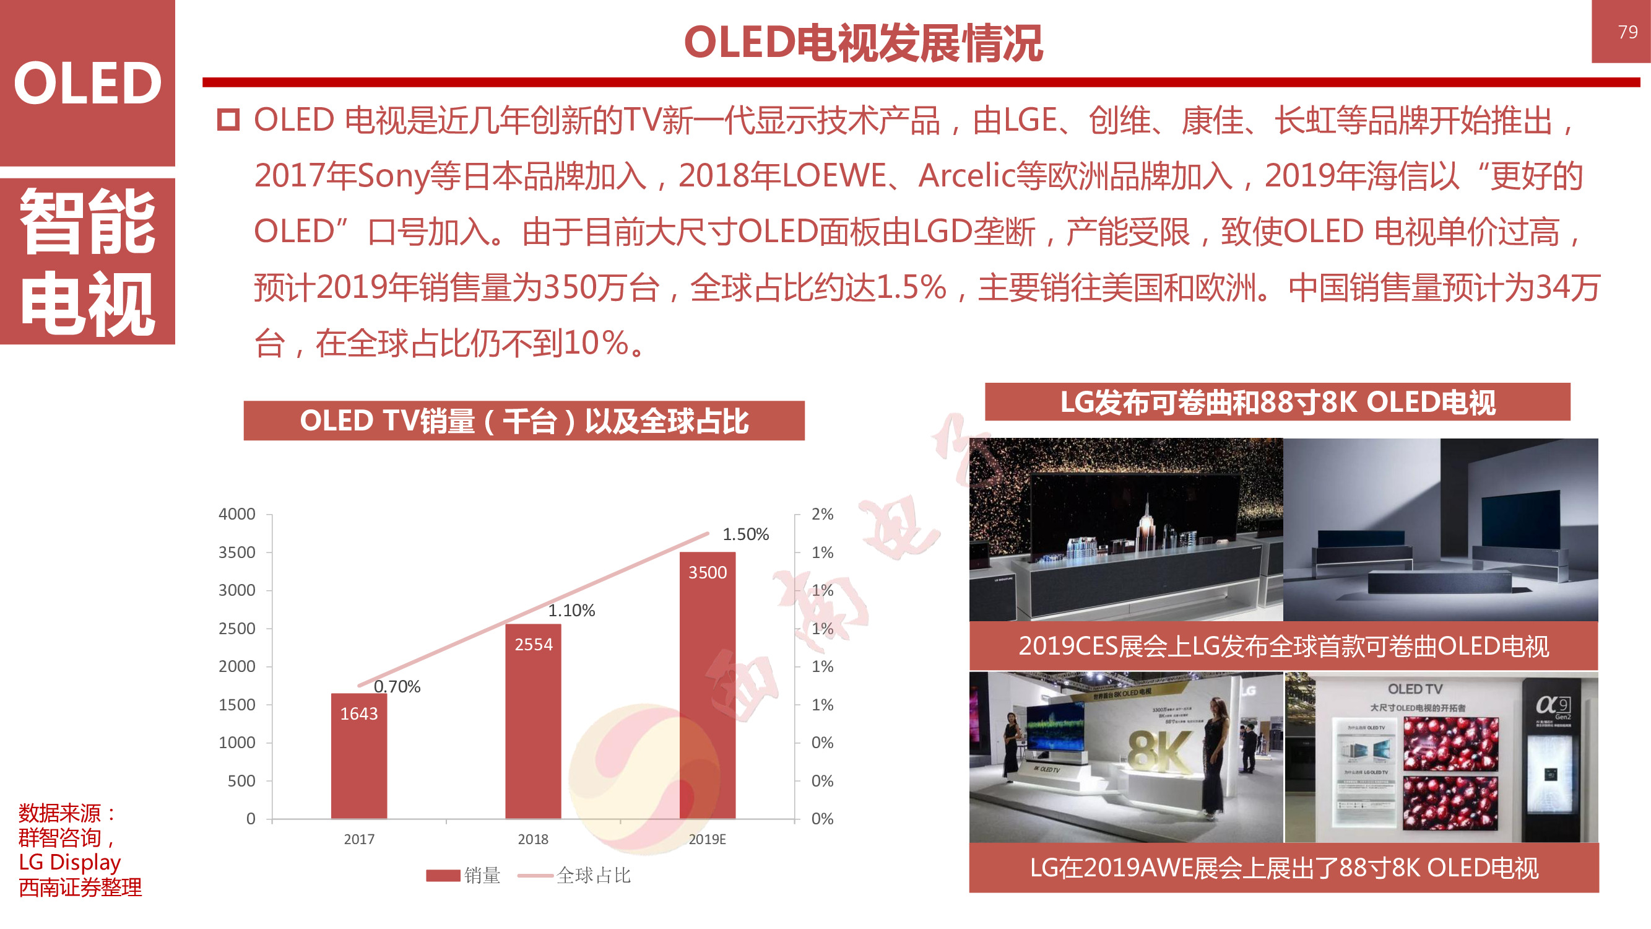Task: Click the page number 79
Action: click(1627, 32)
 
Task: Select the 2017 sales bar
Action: click(359, 757)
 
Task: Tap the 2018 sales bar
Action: click(532, 722)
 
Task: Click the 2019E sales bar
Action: click(707, 686)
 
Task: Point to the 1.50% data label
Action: click(745, 534)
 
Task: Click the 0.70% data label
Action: click(397, 687)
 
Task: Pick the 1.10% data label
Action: click(571, 611)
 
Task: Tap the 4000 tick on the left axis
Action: click(236, 514)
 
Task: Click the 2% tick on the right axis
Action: click(821, 514)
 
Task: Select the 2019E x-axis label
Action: click(707, 839)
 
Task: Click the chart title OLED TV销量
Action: click(524, 421)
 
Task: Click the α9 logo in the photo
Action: click(1553, 705)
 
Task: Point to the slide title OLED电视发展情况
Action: click(863, 43)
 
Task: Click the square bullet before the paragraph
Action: click(228, 120)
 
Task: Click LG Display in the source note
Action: click(69, 862)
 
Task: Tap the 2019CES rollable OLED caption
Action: click(1283, 646)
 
